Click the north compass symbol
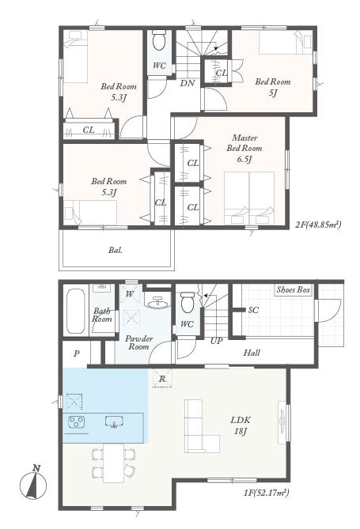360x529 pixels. point(33,485)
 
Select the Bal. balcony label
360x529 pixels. point(116,251)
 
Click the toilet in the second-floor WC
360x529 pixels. point(159,40)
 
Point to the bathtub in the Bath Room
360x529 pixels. point(76,312)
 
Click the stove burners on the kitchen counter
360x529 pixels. point(77,422)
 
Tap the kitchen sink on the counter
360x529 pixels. point(114,421)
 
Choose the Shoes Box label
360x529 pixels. point(293,289)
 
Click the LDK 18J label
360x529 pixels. point(241,425)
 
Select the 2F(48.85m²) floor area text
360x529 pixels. point(318,224)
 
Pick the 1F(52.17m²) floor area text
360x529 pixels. point(267,493)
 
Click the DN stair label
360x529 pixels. point(188,83)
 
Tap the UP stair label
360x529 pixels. point(217,341)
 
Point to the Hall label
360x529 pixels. point(252,353)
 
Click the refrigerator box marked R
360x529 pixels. point(162,378)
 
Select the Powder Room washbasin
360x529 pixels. point(157,302)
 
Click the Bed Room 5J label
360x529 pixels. point(273,87)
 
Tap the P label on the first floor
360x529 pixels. point(77,353)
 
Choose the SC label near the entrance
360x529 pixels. point(253,310)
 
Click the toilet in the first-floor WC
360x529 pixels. point(187,302)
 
